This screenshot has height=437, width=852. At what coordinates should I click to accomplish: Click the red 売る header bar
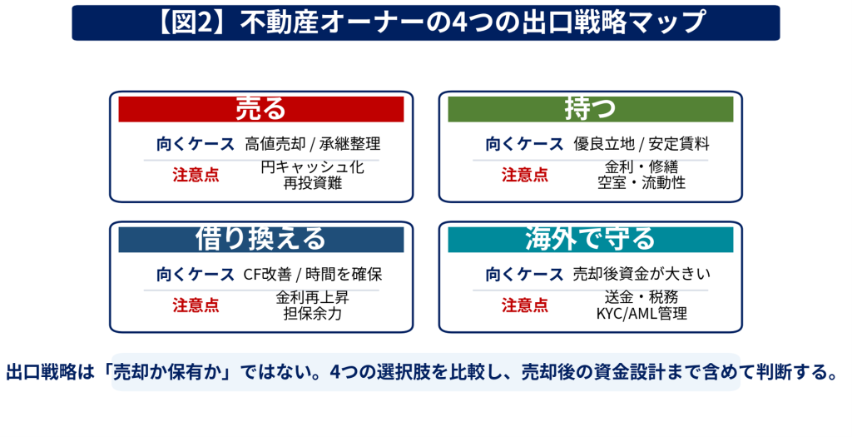pyautogui.click(x=260, y=109)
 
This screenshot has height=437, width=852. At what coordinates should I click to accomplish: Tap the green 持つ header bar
pyautogui.click(x=590, y=109)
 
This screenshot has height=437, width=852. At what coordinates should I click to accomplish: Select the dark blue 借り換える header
pyautogui.click(x=260, y=239)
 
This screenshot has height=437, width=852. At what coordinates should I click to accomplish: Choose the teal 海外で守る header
pyautogui.click(x=590, y=239)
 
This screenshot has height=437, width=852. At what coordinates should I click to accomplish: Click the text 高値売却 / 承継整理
pyautogui.click(x=313, y=144)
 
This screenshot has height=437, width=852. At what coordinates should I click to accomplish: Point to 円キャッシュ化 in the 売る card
pyautogui.click(x=313, y=166)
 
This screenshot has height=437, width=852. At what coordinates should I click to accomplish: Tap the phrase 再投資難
pyautogui.click(x=313, y=183)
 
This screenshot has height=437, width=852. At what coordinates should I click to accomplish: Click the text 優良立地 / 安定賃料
pyautogui.click(x=641, y=144)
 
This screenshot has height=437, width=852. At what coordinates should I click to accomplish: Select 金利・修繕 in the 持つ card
pyautogui.click(x=641, y=166)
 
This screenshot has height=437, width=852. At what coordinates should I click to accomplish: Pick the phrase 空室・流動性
pyautogui.click(x=641, y=183)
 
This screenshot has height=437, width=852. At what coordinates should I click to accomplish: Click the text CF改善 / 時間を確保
pyautogui.click(x=313, y=275)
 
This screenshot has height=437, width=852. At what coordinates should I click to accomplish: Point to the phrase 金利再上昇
pyautogui.click(x=313, y=297)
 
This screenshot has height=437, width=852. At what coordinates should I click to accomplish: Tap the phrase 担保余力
pyautogui.click(x=313, y=314)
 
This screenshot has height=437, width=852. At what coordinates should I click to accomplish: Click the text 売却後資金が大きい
pyautogui.click(x=641, y=275)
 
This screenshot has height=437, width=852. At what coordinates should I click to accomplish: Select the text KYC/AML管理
pyautogui.click(x=641, y=314)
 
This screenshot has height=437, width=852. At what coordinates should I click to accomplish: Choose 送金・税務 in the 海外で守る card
pyautogui.click(x=641, y=297)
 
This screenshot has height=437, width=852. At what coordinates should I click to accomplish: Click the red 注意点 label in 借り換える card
pyautogui.click(x=196, y=305)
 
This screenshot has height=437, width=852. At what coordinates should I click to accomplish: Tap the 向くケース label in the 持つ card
pyautogui.click(x=524, y=144)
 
